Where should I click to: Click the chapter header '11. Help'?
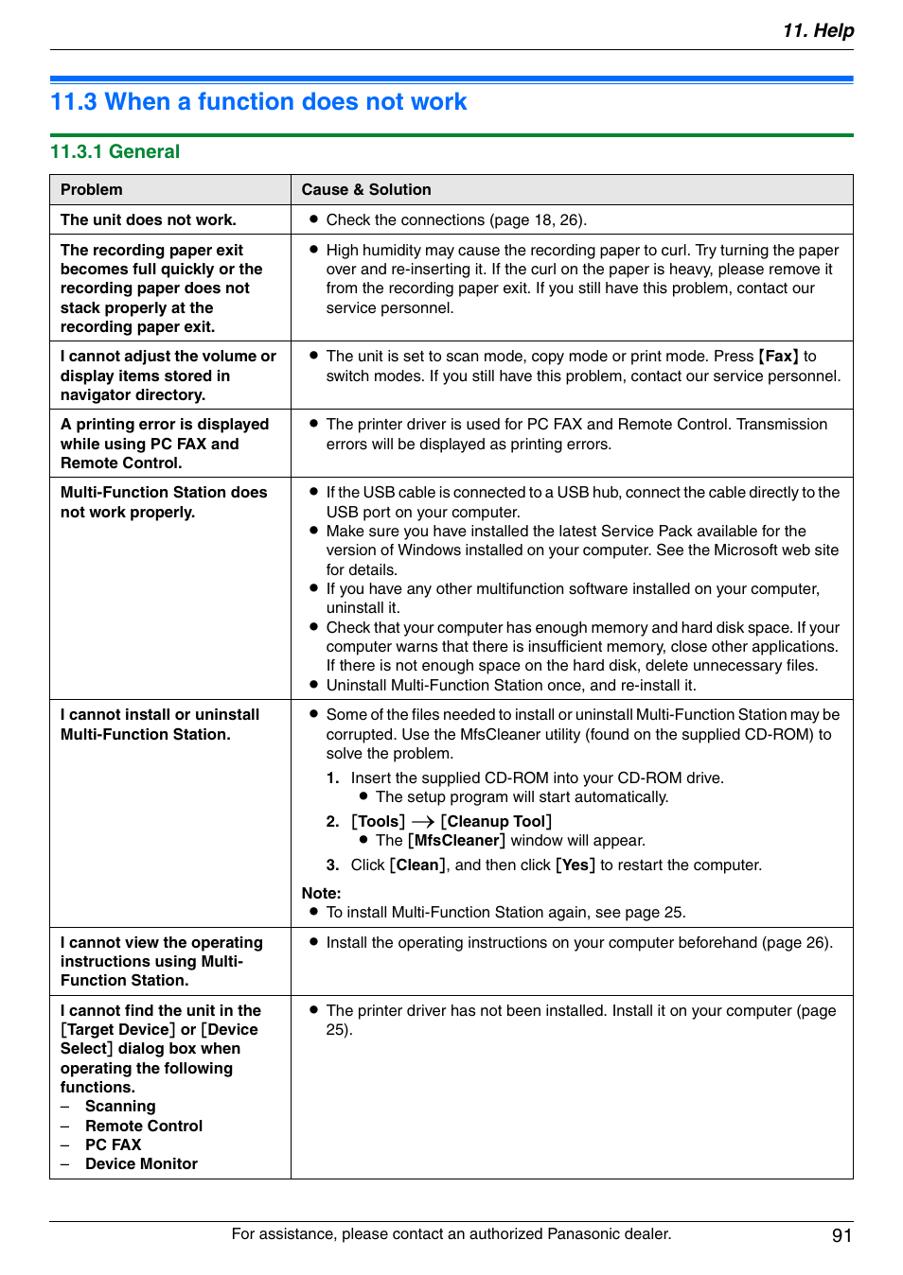(818, 30)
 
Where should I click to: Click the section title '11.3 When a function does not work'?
(258, 102)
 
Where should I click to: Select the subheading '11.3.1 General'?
(115, 151)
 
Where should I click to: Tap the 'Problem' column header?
(92, 189)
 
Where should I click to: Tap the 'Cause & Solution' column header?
(366, 189)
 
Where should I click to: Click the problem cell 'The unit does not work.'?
(149, 219)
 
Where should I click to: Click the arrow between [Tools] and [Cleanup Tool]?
(422, 822)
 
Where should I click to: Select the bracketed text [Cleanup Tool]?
(496, 822)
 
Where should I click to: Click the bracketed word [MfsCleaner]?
(456, 841)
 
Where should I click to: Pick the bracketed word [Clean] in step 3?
(417, 865)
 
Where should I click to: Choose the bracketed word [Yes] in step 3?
(575, 865)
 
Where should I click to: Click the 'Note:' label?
(322, 893)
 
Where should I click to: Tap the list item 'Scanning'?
(120, 1107)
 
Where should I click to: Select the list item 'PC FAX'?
(113, 1144)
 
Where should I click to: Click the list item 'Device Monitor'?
(141, 1164)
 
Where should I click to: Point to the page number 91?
(841, 1235)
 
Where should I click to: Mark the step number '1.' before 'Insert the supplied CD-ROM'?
(332, 778)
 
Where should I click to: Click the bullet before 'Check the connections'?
(313, 219)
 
